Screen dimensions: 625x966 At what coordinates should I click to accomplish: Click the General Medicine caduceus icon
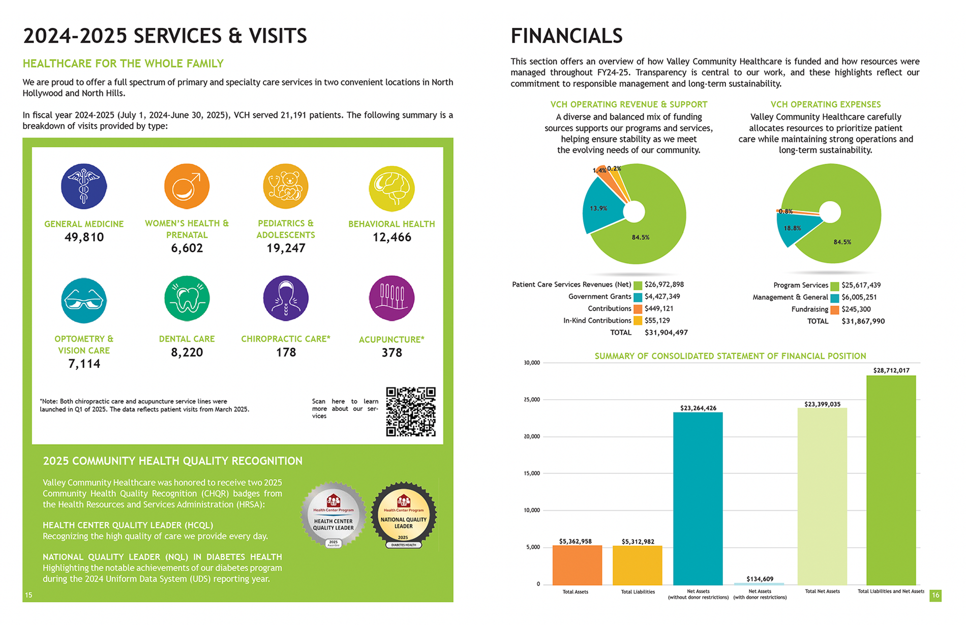(84, 186)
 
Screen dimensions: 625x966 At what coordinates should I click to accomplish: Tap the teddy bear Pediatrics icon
(286, 186)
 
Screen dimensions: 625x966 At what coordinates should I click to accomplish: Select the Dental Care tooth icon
(187, 299)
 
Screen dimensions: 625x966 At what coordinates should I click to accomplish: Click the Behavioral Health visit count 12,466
(391, 237)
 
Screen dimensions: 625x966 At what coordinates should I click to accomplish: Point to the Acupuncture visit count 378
(391, 353)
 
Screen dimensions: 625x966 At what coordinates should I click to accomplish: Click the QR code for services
(411, 411)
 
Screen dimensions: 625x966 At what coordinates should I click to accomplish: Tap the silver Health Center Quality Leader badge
(333, 514)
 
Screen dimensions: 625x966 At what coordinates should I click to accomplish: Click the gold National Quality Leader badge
(403, 514)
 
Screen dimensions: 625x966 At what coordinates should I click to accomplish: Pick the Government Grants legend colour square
(638, 297)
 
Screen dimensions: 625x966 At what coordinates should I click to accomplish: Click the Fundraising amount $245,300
(856, 309)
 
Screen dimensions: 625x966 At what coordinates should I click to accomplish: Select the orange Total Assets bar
(577, 565)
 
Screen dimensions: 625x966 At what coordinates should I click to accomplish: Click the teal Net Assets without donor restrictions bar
(698, 498)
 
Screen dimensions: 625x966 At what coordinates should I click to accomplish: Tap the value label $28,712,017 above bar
(891, 370)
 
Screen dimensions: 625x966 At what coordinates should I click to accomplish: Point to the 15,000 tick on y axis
(532, 473)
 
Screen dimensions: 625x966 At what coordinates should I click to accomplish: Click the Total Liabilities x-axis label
(638, 592)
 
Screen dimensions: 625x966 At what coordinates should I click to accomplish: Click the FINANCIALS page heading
(566, 36)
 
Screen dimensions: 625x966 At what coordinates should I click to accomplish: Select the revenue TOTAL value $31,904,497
(666, 333)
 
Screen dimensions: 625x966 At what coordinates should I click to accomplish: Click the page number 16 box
(935, 596)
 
